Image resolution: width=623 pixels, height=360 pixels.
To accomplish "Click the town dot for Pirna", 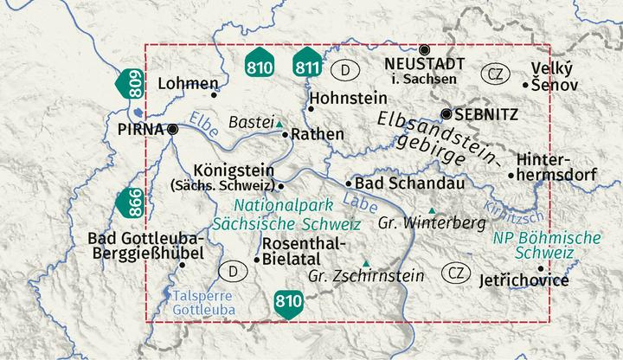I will (x=173, y=130).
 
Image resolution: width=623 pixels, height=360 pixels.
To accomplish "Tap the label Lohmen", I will (x=183, y=84).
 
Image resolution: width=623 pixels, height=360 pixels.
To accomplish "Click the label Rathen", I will (x=318, y=135).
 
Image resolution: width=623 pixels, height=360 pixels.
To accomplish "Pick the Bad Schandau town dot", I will (x=349, y=183).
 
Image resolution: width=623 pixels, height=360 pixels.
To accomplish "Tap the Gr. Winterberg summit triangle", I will (x=432, y=210).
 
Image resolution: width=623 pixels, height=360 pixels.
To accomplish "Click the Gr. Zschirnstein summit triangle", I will (x=366, y=263).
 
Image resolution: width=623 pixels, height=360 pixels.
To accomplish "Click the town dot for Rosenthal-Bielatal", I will (x=256, y=259).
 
